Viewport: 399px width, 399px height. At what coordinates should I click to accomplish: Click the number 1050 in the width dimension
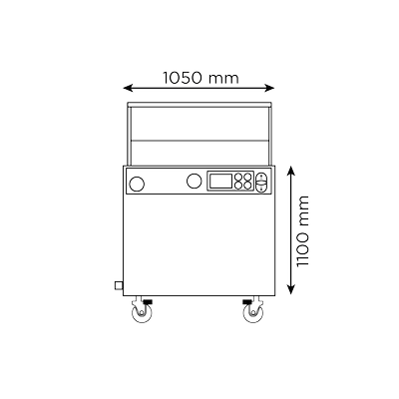[x=183, y=78]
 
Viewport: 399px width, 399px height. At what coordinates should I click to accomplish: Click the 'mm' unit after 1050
[x=223, y=80]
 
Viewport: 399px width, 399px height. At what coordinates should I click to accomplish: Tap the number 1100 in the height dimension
[x=303, y=249]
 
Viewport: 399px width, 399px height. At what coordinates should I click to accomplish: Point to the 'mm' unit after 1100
[x=304, y=210]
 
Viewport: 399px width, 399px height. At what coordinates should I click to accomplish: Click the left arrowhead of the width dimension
[x=128, y=88]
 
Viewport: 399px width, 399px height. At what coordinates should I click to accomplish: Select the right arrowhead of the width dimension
[x=269, y=88]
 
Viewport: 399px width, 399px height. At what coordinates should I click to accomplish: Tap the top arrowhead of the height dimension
[x=291, y=171]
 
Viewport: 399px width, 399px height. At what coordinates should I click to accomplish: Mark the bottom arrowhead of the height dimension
[x=291, y=289]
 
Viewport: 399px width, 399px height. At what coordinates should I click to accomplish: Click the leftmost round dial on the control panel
[x=137, y=184]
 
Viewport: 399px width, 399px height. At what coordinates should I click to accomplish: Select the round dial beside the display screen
[x=195, y=182]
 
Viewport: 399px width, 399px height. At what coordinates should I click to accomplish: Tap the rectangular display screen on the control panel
[x=219, y=182]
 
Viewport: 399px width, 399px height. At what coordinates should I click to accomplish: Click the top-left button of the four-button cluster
[x=238, y=177]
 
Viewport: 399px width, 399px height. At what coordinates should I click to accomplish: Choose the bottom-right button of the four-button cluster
[x=247, y=186]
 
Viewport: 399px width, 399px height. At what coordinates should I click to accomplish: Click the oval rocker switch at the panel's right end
[x=261, y=183]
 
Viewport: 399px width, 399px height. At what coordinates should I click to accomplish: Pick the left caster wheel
[x=142, y=313]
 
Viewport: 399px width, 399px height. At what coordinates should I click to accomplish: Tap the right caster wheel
[x=253, y=313]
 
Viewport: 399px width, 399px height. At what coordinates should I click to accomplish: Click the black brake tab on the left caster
[x=148, y=301]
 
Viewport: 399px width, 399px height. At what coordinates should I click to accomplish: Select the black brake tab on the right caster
[x=247, y=301]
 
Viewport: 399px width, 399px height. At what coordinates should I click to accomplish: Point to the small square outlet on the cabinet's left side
[x=119, y=285]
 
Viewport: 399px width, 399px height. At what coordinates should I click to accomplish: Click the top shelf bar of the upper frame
[x=199, y=105]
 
